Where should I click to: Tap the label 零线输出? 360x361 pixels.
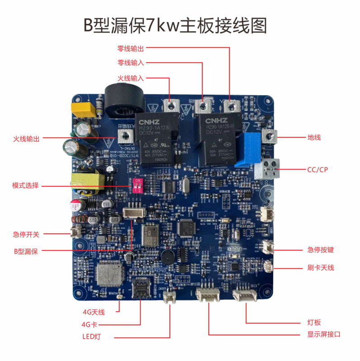click(x=131, y=48)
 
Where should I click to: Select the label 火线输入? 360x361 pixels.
click(x=131, y=78)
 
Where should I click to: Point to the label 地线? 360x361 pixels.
click(x=313, y=137)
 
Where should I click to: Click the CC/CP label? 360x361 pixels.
click(x=317, y=170)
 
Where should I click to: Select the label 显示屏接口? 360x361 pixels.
click(x=323, y=334)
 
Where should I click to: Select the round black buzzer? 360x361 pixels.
click(x=168, y=257)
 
